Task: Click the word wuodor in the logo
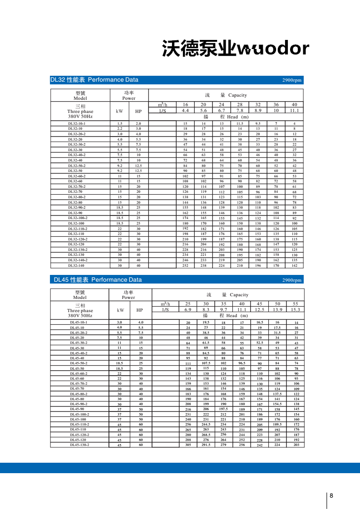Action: click(274, 49)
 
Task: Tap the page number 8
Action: click(331, 495)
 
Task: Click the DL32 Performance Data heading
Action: click(94, 80)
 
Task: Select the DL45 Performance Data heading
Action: click(98, 279)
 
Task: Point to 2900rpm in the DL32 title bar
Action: click(291, 80)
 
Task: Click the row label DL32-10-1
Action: click(77, 123)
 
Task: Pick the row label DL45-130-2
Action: click(79, 445)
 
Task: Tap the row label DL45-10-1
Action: click(78, 322)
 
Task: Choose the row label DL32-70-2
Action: click(77, 186)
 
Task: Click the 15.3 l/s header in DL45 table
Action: click(296, 309)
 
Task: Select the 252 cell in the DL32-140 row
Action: click(185, 265)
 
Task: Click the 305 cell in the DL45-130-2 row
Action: click(188, 445)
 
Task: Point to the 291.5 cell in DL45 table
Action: click(206, 445)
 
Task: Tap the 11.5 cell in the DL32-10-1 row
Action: click(240, 123)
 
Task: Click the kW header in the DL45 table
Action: click(120, 310)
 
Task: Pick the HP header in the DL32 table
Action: click(138, 111)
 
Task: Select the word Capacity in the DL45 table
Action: click(239, 295)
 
